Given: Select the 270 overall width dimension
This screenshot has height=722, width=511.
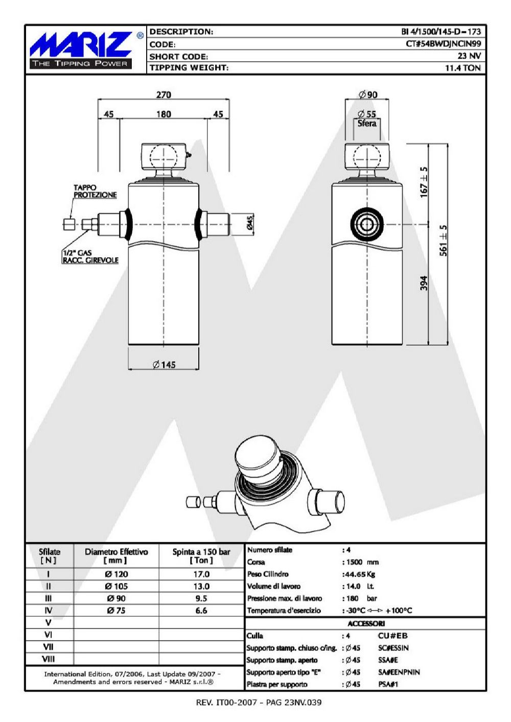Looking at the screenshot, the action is click(164, 95).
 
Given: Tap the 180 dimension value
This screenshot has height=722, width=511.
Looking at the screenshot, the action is click(164, 114).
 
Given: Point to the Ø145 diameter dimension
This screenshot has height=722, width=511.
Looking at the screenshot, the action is click(164, 365).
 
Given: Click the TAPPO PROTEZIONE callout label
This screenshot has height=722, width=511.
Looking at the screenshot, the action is click(95, 191).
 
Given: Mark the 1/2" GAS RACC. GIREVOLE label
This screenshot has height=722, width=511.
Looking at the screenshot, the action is click(90, 256).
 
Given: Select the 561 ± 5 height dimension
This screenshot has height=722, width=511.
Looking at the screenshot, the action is click(444, 240).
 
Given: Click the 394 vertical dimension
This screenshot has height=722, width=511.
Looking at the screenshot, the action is click(424, 283).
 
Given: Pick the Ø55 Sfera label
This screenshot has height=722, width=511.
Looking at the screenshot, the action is click(367, 118).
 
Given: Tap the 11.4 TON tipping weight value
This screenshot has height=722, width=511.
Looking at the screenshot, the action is click(463, 68).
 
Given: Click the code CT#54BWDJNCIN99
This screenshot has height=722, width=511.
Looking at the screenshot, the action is click(443, 44).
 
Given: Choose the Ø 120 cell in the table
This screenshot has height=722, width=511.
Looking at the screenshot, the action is click(117, 574).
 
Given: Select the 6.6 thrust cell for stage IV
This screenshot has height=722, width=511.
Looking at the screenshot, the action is click(201, 611).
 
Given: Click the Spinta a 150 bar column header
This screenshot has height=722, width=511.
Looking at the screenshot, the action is click(201, 556).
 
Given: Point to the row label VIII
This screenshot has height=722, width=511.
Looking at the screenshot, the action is click(49, 659).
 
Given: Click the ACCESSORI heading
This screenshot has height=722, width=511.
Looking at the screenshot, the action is click(366, 623).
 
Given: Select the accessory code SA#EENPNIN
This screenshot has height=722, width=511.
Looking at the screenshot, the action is click(399, 672).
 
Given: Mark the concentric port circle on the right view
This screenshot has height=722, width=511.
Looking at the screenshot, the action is click(367, 224).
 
